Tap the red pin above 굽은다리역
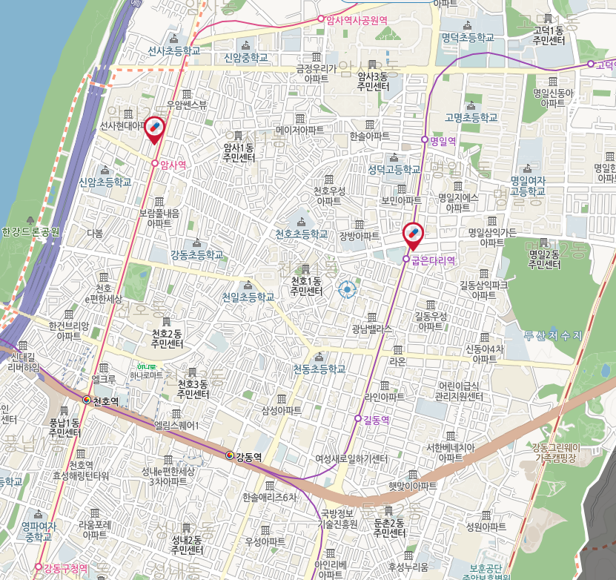(414, 235)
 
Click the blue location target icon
(346, 289)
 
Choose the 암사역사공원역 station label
(357, 20)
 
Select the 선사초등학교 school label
(174, 51)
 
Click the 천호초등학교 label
(301, 234)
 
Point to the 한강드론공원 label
(30, 231)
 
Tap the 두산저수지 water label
(553, 336)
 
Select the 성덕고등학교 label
(394, 169)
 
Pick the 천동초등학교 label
(319, 369)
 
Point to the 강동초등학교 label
(196, 254)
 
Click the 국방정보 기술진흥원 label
(338, 518)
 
